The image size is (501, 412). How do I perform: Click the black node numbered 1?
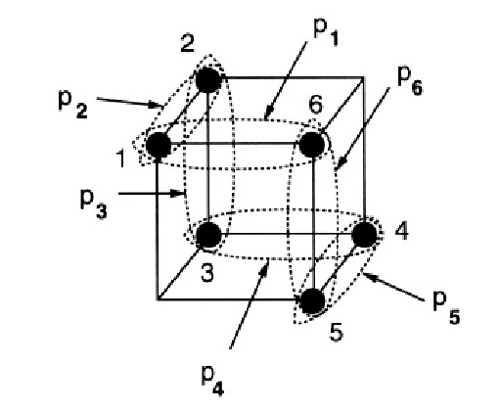click(x=159, y=145)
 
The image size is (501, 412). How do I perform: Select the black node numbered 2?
click(x=208, y=80)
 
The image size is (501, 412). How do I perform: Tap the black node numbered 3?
click(x=208, y=235)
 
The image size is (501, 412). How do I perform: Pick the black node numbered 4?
click(x=364, y=234)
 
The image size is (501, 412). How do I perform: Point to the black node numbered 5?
click(x=312, y=300)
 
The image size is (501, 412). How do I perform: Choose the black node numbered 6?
click(x=312, y=144)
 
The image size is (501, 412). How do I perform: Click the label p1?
click(x=326, y=33)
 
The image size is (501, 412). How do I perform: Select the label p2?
click(x=72, y=105)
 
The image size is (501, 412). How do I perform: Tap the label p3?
click(x=93, y=204)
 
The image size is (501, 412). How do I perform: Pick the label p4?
click(x=213, y=382)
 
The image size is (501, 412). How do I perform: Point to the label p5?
click(x=446, y=310)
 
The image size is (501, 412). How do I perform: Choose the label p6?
click(x=410, y=81)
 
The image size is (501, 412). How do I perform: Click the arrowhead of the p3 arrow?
click(x=179, y=194)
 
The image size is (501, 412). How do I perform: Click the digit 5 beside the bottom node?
click(x=336, y=332)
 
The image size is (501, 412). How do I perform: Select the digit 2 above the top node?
click(x=188, y=43)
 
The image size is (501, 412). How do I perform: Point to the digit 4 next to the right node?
click(x=401, y=231)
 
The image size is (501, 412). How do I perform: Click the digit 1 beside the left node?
click(x=121, y=159)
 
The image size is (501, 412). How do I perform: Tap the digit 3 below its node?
click(x=207, y=273)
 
